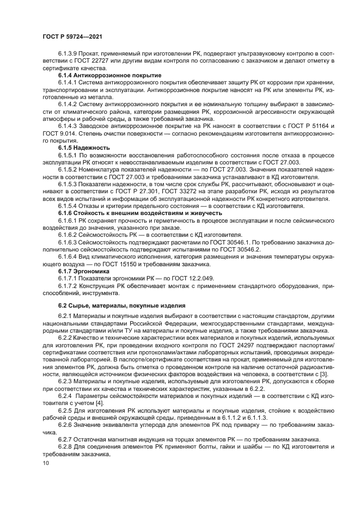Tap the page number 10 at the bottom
tap(45, 464)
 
